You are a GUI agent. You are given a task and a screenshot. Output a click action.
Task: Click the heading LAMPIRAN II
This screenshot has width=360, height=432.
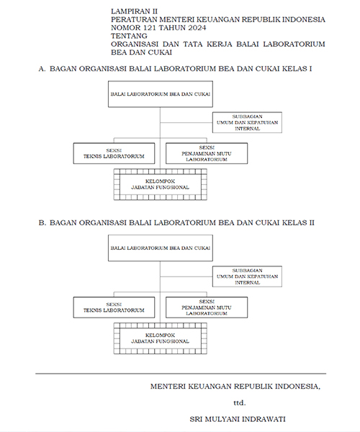(134, 12)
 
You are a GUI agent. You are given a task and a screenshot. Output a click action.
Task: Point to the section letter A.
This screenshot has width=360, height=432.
(42, 68)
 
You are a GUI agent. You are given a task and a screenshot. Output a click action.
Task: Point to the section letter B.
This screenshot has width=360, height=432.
(42, 222)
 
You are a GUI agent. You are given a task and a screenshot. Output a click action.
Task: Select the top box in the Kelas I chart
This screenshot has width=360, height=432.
(160, 94)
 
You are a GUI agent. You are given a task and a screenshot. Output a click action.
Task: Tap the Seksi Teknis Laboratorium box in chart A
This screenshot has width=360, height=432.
(114, 153)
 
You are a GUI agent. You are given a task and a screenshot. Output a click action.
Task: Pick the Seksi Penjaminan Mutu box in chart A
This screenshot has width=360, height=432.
(207, 153)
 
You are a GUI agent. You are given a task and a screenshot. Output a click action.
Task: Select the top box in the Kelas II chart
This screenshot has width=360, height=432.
(160, 247)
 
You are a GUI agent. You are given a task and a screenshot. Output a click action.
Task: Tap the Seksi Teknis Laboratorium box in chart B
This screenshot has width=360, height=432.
(114, 307)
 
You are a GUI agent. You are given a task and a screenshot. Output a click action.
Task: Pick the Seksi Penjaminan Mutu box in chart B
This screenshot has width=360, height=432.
(207, 307)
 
